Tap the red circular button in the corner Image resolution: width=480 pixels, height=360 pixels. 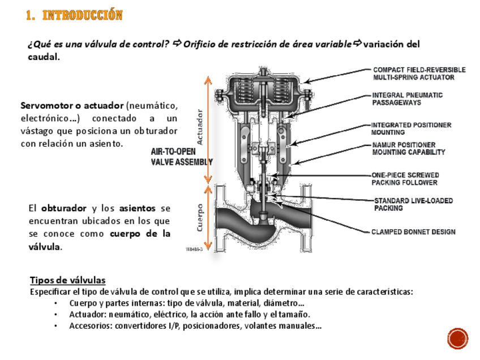pyautogui.click(x=457, y=338)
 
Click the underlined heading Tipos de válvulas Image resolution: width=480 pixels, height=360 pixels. pyautogui.click(x=67, y=280)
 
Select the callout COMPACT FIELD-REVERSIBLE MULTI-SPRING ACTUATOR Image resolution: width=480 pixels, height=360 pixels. pyautogui.click(x=419, y=74)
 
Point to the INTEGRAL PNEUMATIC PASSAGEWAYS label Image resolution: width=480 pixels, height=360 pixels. pyautogui.click(x=407, y=99)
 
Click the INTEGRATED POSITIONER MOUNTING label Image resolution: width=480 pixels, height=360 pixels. pyautogui.click(x=411, y=128)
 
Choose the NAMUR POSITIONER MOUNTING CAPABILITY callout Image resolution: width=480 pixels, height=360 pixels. pyautogui.click(x=408, y=148)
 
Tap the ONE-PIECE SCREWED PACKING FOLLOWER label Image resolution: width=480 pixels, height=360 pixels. pyautogui.click(x=405, y=179)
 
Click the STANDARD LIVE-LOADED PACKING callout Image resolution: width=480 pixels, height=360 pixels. pyautogui.click(x=413, y=204)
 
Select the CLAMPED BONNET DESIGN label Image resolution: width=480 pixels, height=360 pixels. pyautogui.click(x=413, y=232)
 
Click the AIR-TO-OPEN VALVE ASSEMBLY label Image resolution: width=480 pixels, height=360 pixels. pyautogui.click(x=181, y=157)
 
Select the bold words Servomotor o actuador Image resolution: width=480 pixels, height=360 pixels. pyautogui.click(x=72, y=106)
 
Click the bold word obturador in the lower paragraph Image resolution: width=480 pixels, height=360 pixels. pyautogui.click(x=63, y=208)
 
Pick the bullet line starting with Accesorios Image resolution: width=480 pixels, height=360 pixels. pyautogui.click(x=195, y=325)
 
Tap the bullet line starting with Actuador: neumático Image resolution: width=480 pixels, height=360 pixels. pyautogui.click(x=190, y=314)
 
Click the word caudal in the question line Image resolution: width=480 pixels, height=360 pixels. pyautogui.click(x=42, y=57)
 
